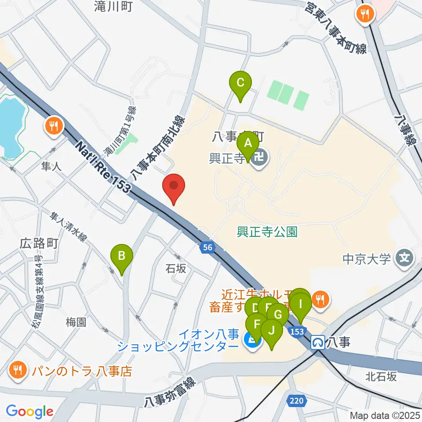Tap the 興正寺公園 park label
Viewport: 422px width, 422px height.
tap(267, 231)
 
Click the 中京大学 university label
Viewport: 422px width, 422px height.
tap(367, 258)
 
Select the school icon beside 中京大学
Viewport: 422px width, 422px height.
tap(404, 258)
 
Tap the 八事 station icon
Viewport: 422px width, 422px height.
tap(317, 342)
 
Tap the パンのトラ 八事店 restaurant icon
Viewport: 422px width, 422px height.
tap(17, 370)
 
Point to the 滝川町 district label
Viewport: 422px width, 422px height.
tap(113, 6)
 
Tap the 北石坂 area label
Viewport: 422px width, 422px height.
tap(381, 376)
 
